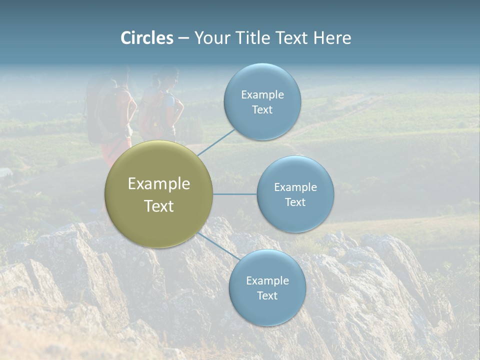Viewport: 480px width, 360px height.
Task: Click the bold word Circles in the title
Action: [x=147, y=38]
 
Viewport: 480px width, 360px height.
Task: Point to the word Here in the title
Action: [x=332, y=38]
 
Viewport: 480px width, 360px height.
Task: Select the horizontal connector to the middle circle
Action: [x=234, y=194]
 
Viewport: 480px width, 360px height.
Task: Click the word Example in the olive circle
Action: [x=158, y=184]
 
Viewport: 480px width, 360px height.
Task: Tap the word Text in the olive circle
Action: [x=158, y=206]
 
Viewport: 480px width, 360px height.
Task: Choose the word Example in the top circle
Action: [x=262, y=95]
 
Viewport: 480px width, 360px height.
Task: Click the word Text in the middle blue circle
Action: [x=295, y=202]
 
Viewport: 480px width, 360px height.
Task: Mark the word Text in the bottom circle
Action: [x=267, y=296]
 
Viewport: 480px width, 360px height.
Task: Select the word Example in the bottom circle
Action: [x=267, y=281]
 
